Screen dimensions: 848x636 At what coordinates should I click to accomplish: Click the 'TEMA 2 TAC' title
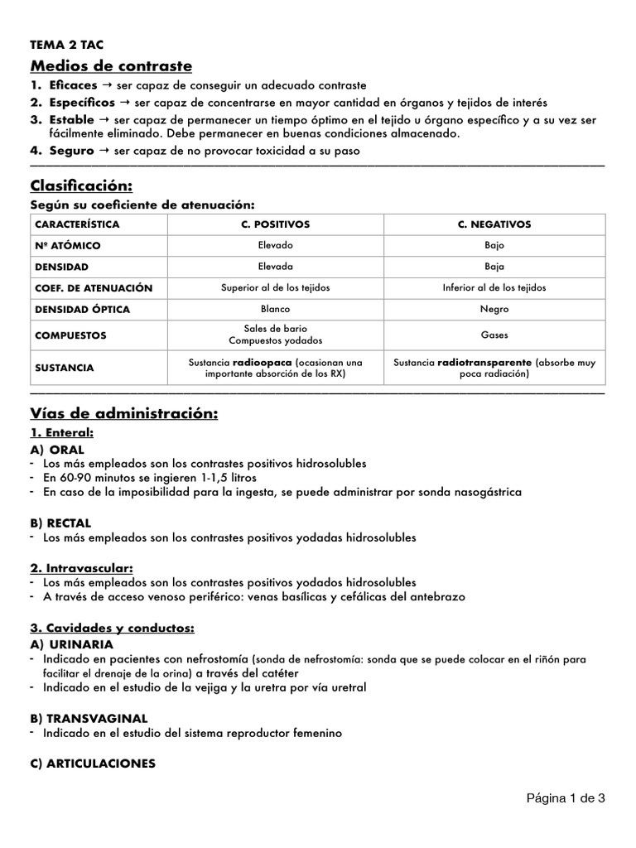(x=67, y=46)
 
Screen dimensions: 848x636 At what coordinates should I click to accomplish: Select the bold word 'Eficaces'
(x=72, y=85)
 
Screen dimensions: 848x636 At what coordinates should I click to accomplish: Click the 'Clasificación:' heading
(x=81, y=184)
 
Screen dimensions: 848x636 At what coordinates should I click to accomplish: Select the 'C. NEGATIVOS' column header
(x=494, y=224)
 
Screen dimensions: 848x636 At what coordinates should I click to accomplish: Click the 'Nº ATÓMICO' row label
(x=68, y=246)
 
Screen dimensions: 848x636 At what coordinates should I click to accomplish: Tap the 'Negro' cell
(x=494, y=310)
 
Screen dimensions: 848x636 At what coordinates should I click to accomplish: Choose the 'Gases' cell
(x=494, y=336)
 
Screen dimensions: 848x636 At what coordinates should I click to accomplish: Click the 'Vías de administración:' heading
(x=124, y=413)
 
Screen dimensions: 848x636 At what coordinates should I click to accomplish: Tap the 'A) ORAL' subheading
(x=57, y=449)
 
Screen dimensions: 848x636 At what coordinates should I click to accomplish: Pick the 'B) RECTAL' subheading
(x=60, y=523)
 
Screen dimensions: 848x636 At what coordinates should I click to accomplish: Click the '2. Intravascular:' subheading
(x=81, y=568)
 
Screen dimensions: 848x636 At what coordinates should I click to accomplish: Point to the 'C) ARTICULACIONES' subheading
(x=93, y=764)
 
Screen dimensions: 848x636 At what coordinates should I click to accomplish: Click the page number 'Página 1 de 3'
(x=566, y=799)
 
